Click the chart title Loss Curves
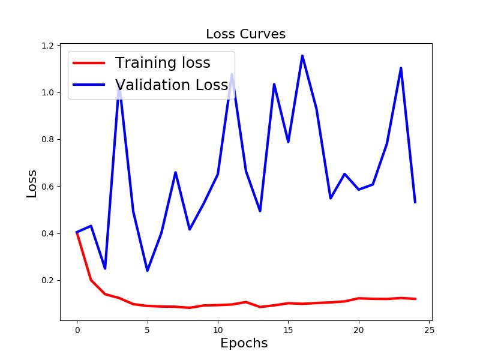click(x=245, y=34)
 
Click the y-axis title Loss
click(x=32, y=184)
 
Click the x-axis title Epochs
click(x=244, y=344)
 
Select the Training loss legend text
click(x=163, y=63)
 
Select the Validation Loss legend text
click(x=172, y=85)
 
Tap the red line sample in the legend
click(x=89, y=63)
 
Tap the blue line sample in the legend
click(x=89, y=85)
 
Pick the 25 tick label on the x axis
click(x=429, y=329)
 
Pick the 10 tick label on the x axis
click(x=218, y=329)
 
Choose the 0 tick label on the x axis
click(x=77, y=329)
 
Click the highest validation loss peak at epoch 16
click(x=302, y=56)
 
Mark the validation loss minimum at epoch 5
click(x=147, y=271)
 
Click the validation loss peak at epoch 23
click(x=401, y=68)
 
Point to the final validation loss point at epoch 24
click(x=415, y=202)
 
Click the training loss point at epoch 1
click(x=91, y=280)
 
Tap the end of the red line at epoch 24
click(x=415, y=299)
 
